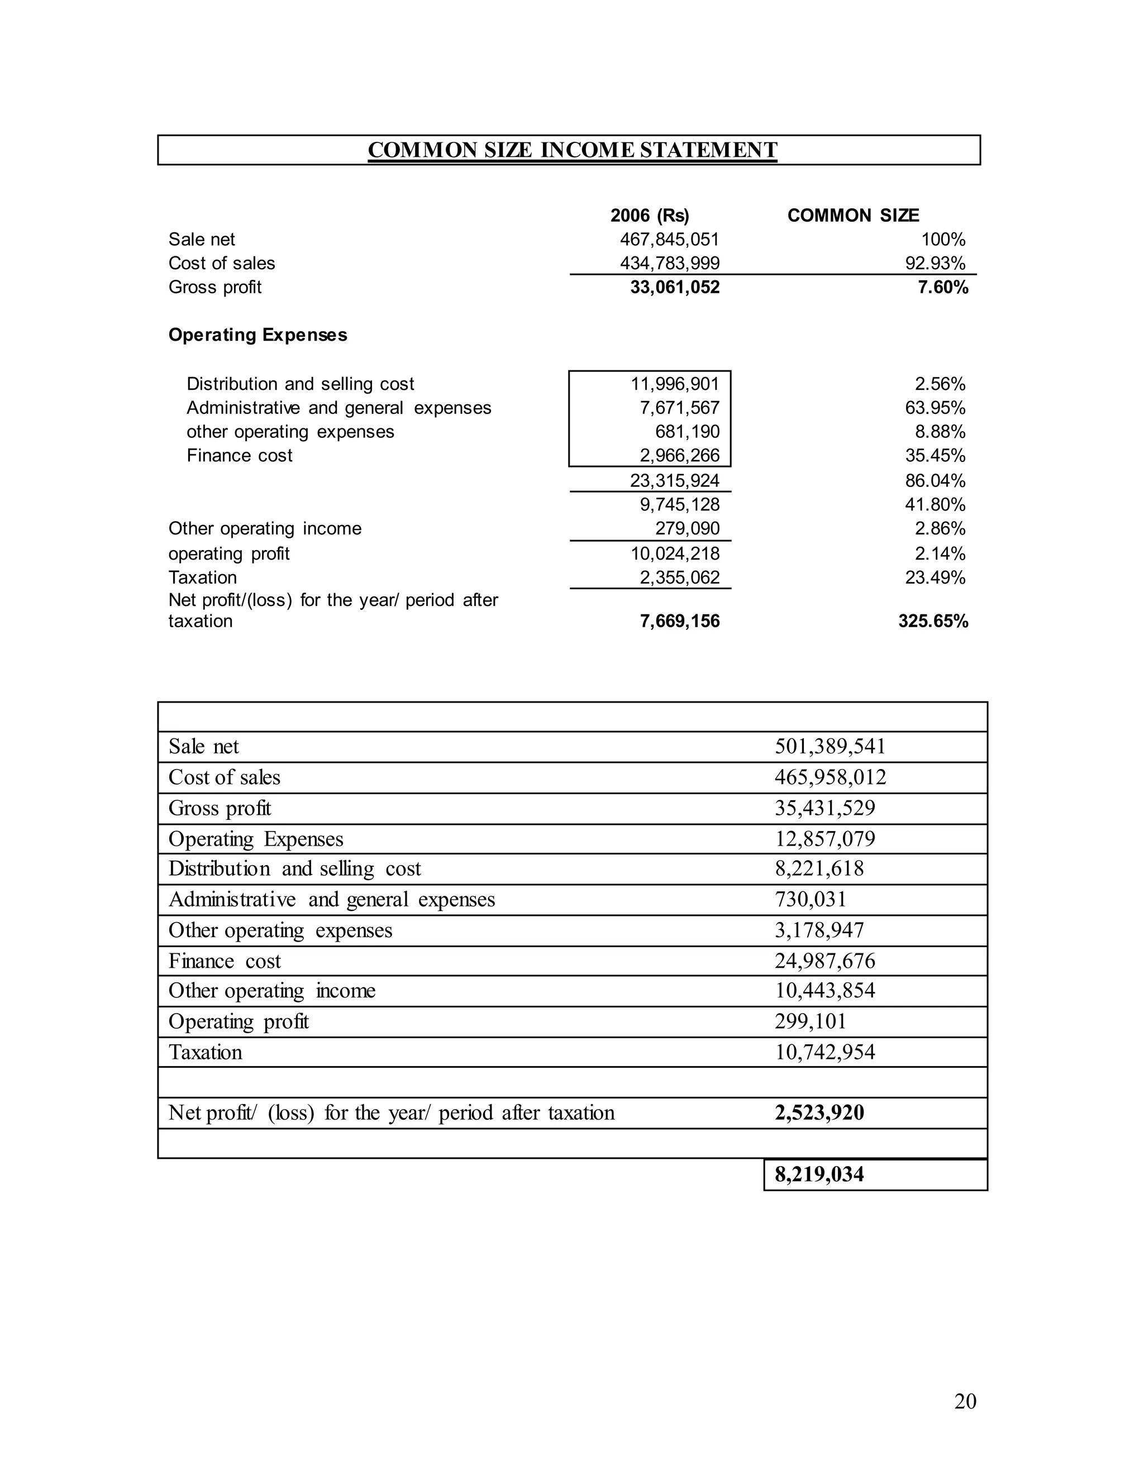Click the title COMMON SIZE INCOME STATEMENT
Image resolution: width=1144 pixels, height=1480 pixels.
[x=572, y=150]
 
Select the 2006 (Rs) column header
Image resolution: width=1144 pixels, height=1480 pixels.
[x=649, y=216]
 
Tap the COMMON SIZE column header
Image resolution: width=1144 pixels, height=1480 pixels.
[x=852, y=216]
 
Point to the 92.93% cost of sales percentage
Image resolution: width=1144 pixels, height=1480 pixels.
[x=935, y=263]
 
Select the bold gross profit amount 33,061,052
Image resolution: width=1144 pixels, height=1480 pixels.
[x=674, y=287]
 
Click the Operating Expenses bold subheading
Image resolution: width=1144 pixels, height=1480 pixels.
[x=258, y=335]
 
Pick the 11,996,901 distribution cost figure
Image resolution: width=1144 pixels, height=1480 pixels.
[x=674, y=384]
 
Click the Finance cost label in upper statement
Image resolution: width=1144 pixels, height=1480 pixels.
[x=239, y=455]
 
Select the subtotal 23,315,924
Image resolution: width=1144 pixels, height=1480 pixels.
[x=674, y=481]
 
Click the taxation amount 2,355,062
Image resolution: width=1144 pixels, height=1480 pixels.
[x=679, y=577]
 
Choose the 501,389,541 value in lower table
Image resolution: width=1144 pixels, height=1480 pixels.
[x=830, y=747]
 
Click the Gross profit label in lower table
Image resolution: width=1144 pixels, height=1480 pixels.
[x=220, y=809]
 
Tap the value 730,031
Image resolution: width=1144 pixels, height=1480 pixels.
[x=811, y=900]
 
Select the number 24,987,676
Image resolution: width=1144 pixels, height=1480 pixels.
[x=825, y=961]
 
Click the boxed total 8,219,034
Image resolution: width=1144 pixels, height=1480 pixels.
[x=819, y=1175]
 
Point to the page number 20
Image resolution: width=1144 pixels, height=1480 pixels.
[x=965, y=1401]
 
